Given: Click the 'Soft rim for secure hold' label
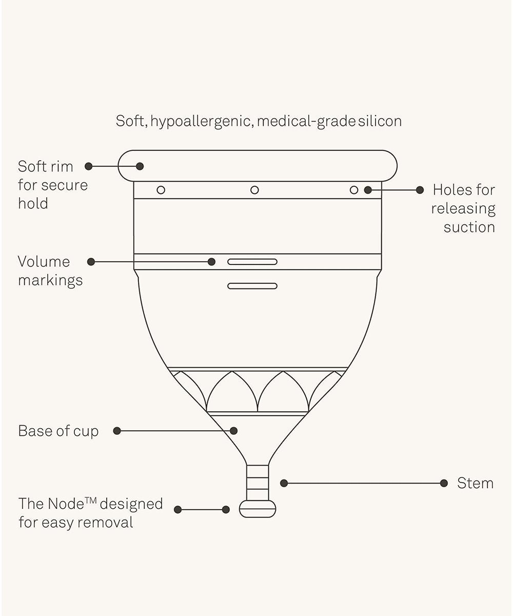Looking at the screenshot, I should (x=52, y=185).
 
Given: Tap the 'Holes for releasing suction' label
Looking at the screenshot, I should (x=463, y=208).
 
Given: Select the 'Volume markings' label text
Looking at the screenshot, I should (x=50, y=271).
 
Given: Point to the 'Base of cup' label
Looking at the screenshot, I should (x=58, y=431).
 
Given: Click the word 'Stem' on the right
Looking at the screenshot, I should (x=475, y=483).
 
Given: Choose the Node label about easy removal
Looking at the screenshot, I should (x=90, y=513).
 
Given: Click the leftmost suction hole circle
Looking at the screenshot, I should (x=161, y=190).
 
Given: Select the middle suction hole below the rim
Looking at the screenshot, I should (x=254, y=190).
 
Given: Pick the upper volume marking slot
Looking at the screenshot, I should (x=252, y=262).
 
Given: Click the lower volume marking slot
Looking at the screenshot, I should (x=252, y=286).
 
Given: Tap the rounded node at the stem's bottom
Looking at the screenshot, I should (x=258, y=509).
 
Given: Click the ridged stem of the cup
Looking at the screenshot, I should (x=258, y=482).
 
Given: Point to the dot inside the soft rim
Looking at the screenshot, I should (x=140, y=166).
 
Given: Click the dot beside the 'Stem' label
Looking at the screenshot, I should (x=444, y=483).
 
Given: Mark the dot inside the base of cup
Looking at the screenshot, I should (x=234, y=431).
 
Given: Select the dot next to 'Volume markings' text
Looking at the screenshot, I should (x=91, y=262).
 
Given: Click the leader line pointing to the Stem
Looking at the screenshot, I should (x=364, y=483).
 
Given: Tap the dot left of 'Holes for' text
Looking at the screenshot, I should (x=420, y=190).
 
